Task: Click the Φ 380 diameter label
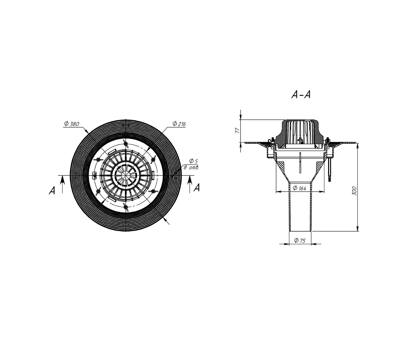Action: pos(72,124)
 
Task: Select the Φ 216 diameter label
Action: pos(179,124)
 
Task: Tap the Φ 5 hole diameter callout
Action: pos(193,161)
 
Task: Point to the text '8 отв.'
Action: pos(191,167)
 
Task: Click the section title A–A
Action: pos(301,94)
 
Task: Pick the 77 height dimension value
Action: pos(237,131)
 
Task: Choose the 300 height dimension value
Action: pos(354,191)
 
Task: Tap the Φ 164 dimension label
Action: pos(300,188)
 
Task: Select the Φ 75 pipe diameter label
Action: pos(300,240)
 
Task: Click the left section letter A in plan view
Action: pos(52,190)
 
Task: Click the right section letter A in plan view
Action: pos(197,188)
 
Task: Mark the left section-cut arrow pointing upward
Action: pos(63,184)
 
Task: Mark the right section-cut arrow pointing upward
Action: pos(190,184)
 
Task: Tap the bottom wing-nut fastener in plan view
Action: pos(126,207)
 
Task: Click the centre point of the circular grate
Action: pos(126,175)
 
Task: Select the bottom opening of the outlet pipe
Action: pos(300,231)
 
